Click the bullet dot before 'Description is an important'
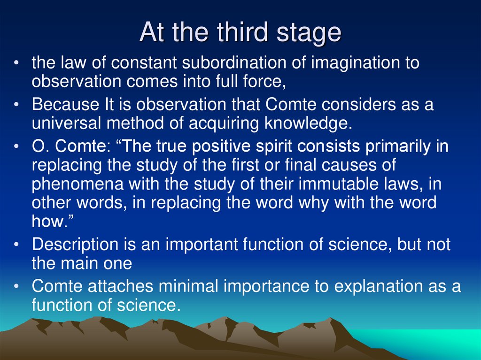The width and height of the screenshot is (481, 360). click(17, 245)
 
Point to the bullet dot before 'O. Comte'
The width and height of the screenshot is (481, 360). click(17, 147)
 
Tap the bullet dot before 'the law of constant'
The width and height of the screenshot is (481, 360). click(17, 63)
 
